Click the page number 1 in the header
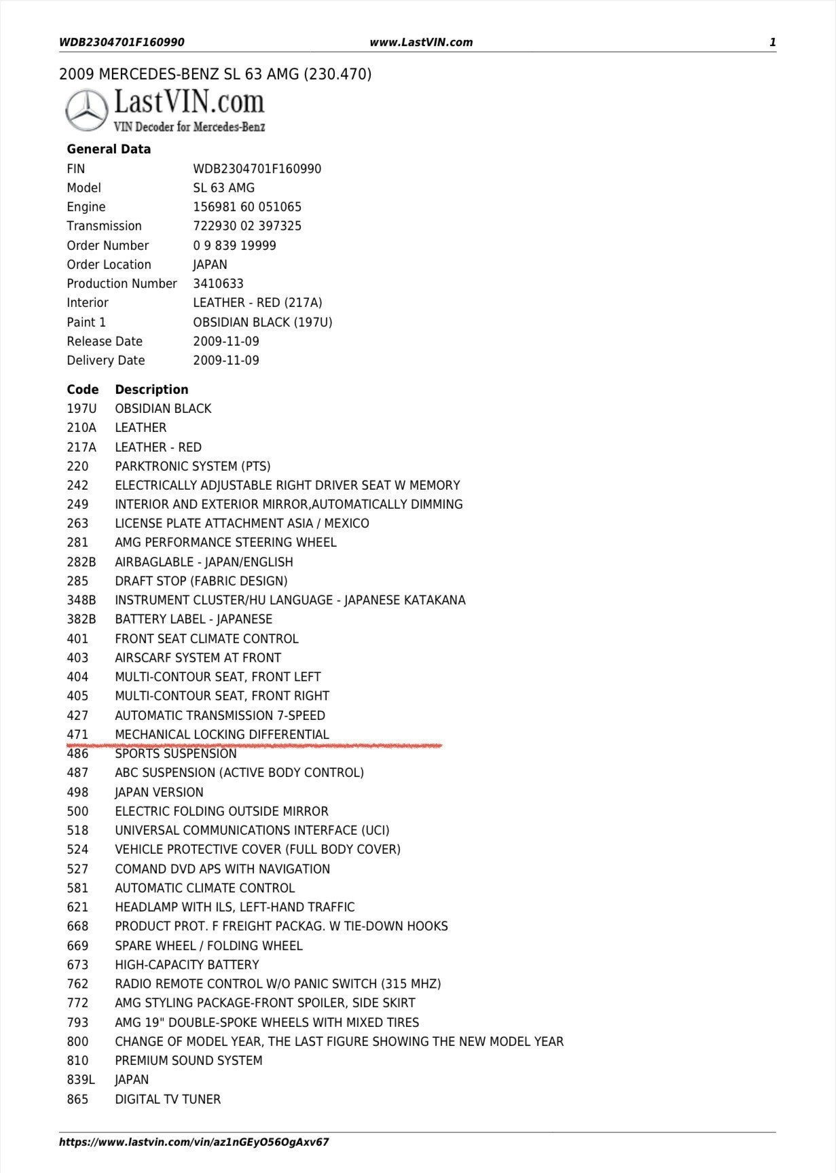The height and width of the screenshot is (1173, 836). [772, 42]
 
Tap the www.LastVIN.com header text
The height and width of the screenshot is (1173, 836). [421, 42]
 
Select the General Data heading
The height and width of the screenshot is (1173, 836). [109, 149]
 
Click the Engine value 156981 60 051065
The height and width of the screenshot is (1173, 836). [247, 207]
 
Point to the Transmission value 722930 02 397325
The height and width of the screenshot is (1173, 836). [247, 226]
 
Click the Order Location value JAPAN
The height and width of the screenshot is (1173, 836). [210, 265]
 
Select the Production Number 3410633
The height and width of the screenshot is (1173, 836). [218, 284]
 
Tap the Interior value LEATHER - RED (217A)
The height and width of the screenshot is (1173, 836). [257, 303]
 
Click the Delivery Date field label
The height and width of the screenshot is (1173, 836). [106, 361]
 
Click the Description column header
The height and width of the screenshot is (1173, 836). [151, 390]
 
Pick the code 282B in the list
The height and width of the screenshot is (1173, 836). [81, 562]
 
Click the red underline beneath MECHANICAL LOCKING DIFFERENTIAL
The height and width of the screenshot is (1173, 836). [255, 746]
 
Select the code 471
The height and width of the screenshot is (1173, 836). [77, 735]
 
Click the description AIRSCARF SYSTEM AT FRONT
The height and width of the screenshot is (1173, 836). [198, 658]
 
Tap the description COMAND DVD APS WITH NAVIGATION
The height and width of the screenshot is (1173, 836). [222, 869]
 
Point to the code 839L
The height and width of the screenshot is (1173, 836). [81, 1080]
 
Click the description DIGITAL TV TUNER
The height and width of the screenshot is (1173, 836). [168, 1100]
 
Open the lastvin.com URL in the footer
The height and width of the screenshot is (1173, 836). [194, 1142]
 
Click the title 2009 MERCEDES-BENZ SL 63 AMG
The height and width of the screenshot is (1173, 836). [215, 74]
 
